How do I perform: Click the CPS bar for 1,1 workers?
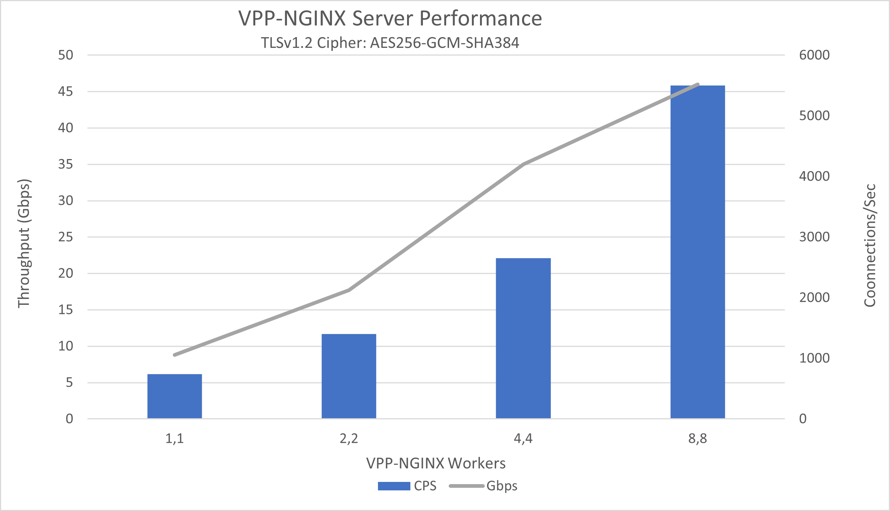(x=175, y=396)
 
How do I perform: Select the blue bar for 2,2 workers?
(x=349, y=376)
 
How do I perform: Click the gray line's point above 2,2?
(x=348, y=290)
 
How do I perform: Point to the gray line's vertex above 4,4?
(x=523, y=164)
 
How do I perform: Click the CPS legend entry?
(x=407, y=486)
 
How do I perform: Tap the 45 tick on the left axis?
(x=66, y=92)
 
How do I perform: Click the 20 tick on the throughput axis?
(x=66, y=274)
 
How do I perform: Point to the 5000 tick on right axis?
(x=814, y=116)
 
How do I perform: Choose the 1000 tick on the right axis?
(x=814, y=358)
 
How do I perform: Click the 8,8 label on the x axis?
(x=697, y=439)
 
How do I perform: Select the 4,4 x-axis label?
(x=523, y=439)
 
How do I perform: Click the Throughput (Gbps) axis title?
(x=24, y=243)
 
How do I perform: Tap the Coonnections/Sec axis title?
(x=870, y=246)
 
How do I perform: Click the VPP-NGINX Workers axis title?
(x=436, y=463)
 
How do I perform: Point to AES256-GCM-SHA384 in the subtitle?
(x=444, y=43)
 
